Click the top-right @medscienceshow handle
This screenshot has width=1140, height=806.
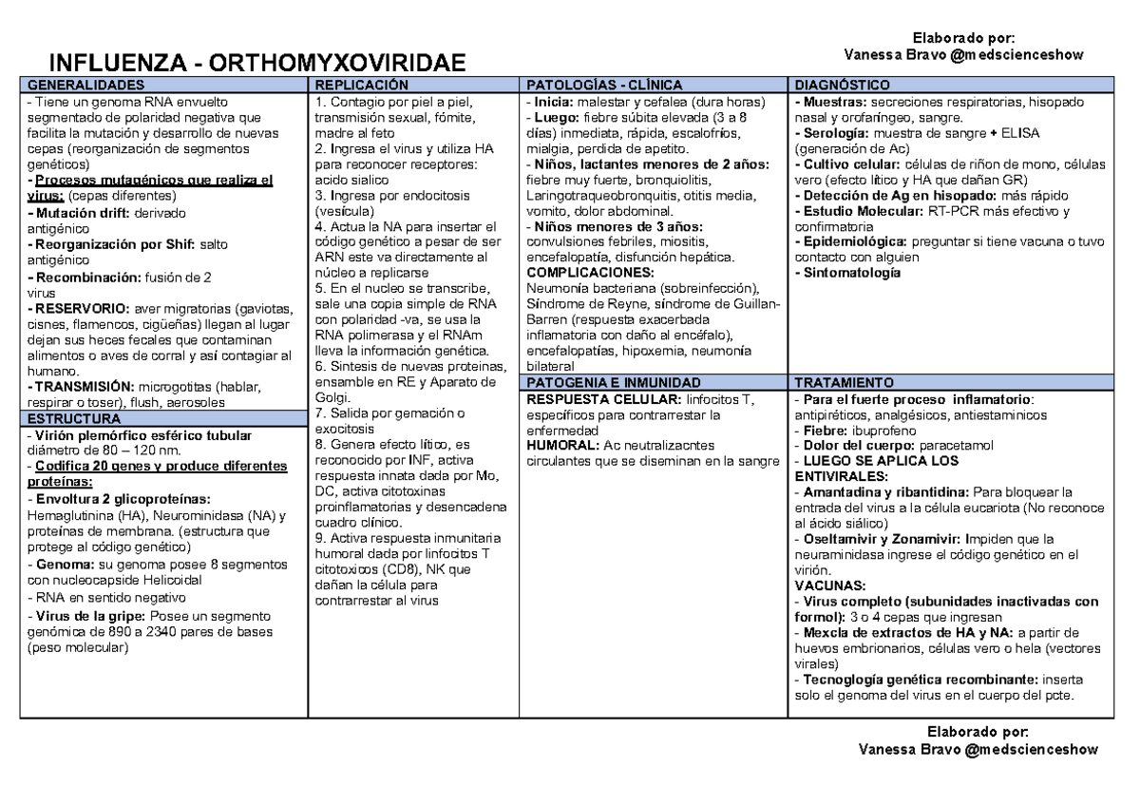(x=1025, y=54)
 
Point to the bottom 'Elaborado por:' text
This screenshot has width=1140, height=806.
(x=978, y=732)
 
